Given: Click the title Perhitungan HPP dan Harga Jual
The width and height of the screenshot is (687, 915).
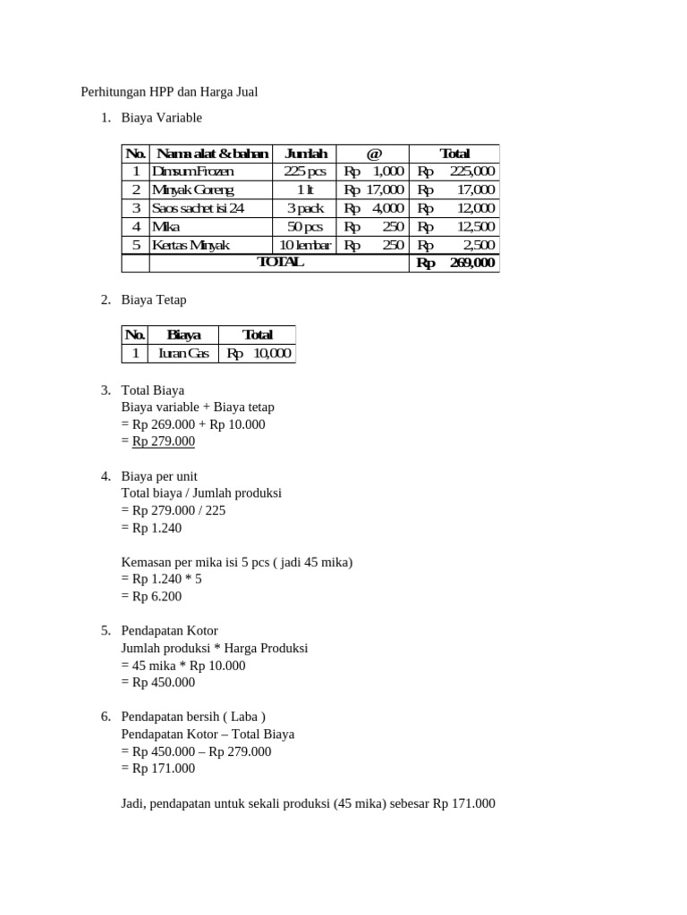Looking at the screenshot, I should (x=169, y=92).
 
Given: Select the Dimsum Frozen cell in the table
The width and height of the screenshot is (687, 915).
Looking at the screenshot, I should (x=193, y=172).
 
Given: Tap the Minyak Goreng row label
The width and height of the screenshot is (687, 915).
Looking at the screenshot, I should (x=193, y=189).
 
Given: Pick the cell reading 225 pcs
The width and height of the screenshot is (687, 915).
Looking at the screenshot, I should (x=306, y=172).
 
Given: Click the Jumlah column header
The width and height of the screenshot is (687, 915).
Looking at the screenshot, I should (x=306, y=154).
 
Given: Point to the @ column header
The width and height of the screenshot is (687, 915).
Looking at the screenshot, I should (x=374, y=154).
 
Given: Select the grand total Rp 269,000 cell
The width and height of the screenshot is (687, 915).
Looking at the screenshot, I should (x=455, y=263).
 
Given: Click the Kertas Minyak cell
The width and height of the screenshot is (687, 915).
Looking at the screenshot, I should (x=191, y=245).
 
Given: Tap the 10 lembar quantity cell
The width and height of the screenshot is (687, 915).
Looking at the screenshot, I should (x=306, y=245).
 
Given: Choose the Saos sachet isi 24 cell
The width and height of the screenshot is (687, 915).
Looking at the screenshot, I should (x=199, y=208).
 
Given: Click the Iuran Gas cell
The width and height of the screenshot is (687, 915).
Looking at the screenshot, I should (x=183, y=354).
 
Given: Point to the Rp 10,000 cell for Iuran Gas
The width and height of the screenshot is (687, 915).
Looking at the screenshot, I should (x=259, y=354).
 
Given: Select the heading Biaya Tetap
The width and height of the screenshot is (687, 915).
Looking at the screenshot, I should (x=154, y=300).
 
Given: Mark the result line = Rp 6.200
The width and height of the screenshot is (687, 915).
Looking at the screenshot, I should (x=151, y=595).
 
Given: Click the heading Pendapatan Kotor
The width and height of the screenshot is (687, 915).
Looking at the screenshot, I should (x=169, y=631).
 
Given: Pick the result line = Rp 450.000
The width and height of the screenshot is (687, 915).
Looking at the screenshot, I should (x=157, y=682).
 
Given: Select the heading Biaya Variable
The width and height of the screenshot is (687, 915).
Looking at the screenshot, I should (x=162, y=118).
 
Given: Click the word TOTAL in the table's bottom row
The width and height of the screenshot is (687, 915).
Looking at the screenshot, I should (x=280, y=263).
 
